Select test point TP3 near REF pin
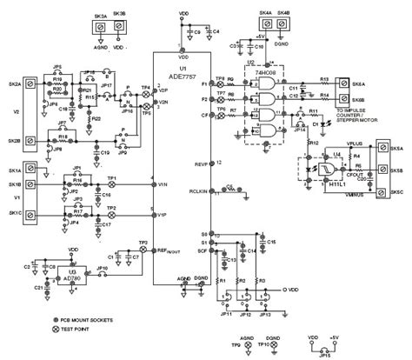[143, 249]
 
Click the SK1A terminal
[27, 172]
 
